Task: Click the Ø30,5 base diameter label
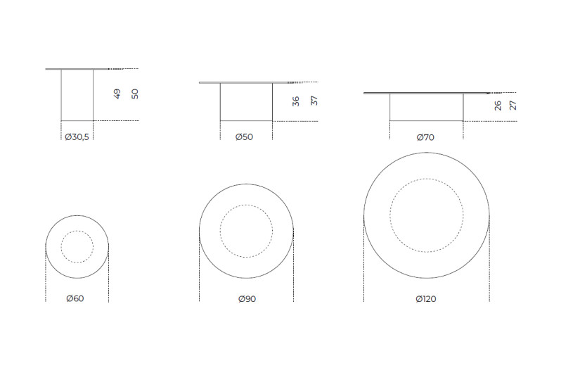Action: tap(77, 137)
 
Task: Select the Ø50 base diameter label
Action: tap(244, 137)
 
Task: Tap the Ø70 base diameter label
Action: tap(425, 137)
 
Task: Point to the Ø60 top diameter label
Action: tap(75, 298)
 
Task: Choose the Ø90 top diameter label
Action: tap(247, 299)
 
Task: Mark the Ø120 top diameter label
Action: tap(426, 299)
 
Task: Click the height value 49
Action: tap(117, 94)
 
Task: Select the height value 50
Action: tap(135, 94)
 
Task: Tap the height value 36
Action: tap(295, 101)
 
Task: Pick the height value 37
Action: tap(314, 101)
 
